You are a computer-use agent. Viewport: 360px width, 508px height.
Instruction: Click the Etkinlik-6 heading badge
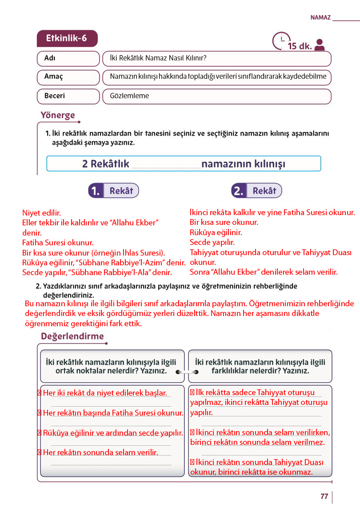point(67,39)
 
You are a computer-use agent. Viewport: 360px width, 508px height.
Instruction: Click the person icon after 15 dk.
point(319,44)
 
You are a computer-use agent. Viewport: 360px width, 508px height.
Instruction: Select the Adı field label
point(50,59)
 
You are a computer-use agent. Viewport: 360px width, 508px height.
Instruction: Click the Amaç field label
point(54,76)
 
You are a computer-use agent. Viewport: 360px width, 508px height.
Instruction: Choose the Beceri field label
point(55,96)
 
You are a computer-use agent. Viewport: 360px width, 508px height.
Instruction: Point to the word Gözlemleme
point(129,96)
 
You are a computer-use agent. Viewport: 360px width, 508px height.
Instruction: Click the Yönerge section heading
point(58,115)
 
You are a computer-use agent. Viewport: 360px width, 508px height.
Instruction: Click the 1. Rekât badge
point(114,191)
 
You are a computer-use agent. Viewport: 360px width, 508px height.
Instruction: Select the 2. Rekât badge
point(256,191)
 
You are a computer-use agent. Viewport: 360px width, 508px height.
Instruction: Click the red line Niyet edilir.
point(41,213)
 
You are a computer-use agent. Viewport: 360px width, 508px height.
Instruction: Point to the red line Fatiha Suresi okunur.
point(58,243)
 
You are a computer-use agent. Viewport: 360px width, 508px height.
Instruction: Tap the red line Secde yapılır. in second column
point(212,242)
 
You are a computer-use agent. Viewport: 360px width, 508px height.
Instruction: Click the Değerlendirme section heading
point(72,336)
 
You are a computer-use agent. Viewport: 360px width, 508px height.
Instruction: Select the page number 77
point(324,496)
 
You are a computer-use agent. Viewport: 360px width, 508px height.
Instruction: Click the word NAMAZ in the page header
point(320,18)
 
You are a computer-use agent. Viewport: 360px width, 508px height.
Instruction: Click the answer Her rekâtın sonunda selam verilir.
point(101,452)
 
